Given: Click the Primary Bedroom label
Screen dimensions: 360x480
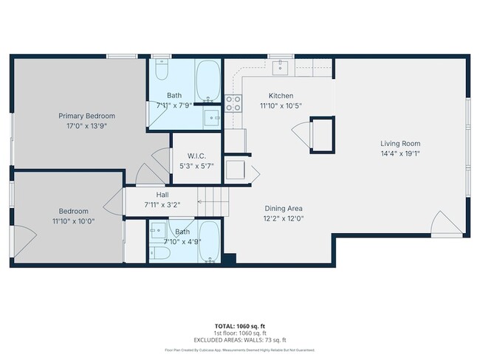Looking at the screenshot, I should [x=87, y=116].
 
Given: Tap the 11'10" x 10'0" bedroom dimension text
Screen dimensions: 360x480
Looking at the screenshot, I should [x=73, y=221].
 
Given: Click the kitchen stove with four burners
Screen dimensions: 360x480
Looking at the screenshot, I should [x=234, y=103].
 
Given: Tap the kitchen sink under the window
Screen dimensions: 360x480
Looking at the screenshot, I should [x=280, y=68].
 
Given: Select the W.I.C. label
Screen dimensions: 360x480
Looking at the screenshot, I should [x=196, y=155].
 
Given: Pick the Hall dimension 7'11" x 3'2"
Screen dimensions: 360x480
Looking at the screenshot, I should [x=162, y=204].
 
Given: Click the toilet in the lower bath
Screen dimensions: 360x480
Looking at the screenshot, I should [x=160, y=253].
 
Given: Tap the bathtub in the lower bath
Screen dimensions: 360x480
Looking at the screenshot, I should [x=208, y=241].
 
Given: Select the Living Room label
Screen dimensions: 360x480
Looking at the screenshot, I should [x=400, y=143].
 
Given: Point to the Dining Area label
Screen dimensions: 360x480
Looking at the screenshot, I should [x=284, y=209].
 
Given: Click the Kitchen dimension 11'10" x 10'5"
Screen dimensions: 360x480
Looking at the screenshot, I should [x=281, y=105].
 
